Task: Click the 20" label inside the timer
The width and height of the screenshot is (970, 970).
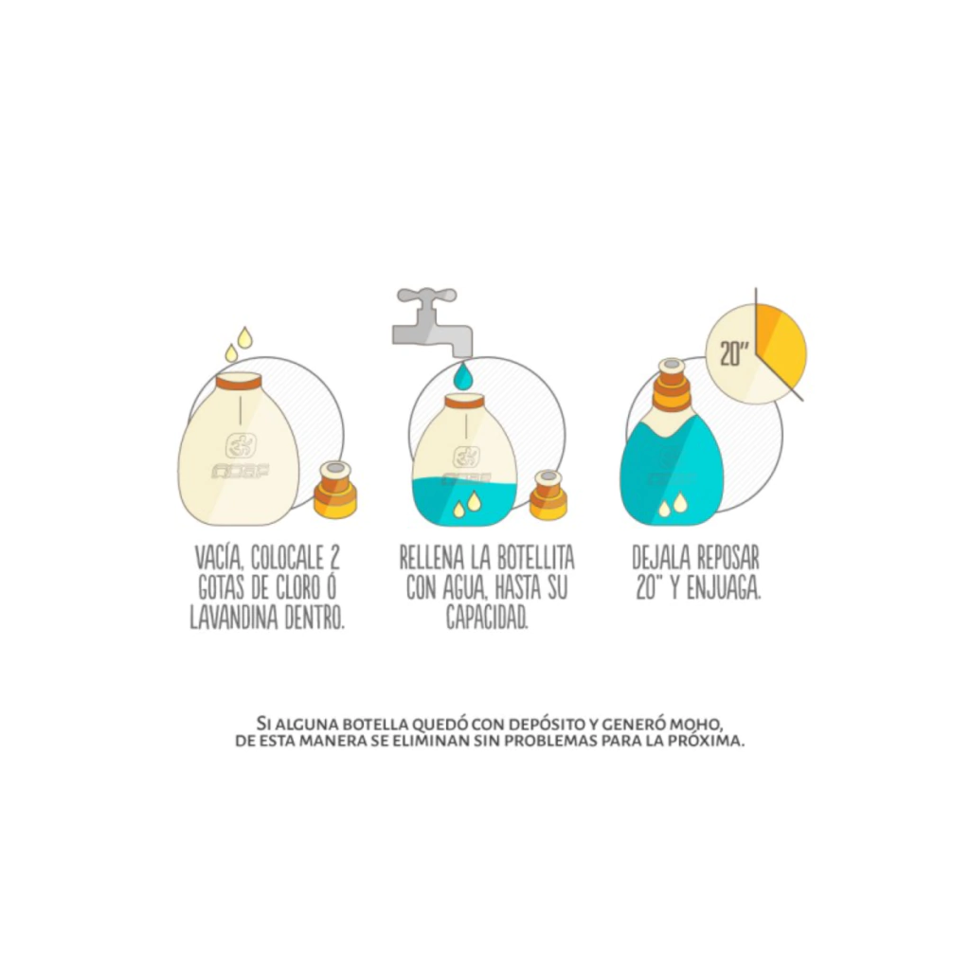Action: click(x=734, y=354)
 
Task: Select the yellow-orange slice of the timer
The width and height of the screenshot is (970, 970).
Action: click(x=780, y=343)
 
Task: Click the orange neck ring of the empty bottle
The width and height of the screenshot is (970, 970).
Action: click(x=239, y=382)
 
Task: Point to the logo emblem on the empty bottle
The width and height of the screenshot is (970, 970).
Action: click(x=240, y=445)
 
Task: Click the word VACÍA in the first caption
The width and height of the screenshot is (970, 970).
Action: click(x=214, y=558)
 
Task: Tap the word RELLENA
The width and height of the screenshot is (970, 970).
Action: click(x=432, y=558)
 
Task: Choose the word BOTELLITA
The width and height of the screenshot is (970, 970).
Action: click(x=536, y=558)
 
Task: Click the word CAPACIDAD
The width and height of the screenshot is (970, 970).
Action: click(x=488, y=618)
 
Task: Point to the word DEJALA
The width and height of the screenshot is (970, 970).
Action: click(x=660, y=558)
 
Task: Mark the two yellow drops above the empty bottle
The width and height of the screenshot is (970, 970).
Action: click(x=239, y=344)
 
